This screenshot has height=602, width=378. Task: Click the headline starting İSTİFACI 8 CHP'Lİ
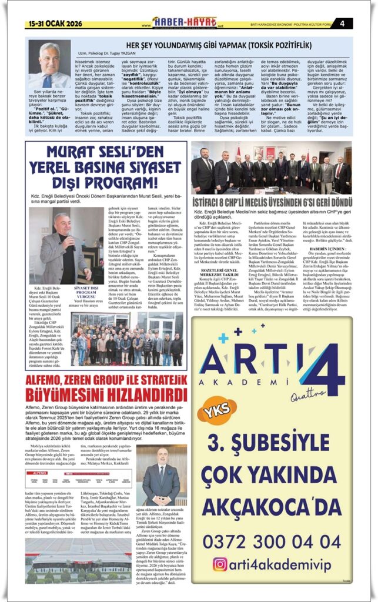click(x=271, y=202)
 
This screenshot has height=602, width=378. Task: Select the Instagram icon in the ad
click(x=220, y=564)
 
